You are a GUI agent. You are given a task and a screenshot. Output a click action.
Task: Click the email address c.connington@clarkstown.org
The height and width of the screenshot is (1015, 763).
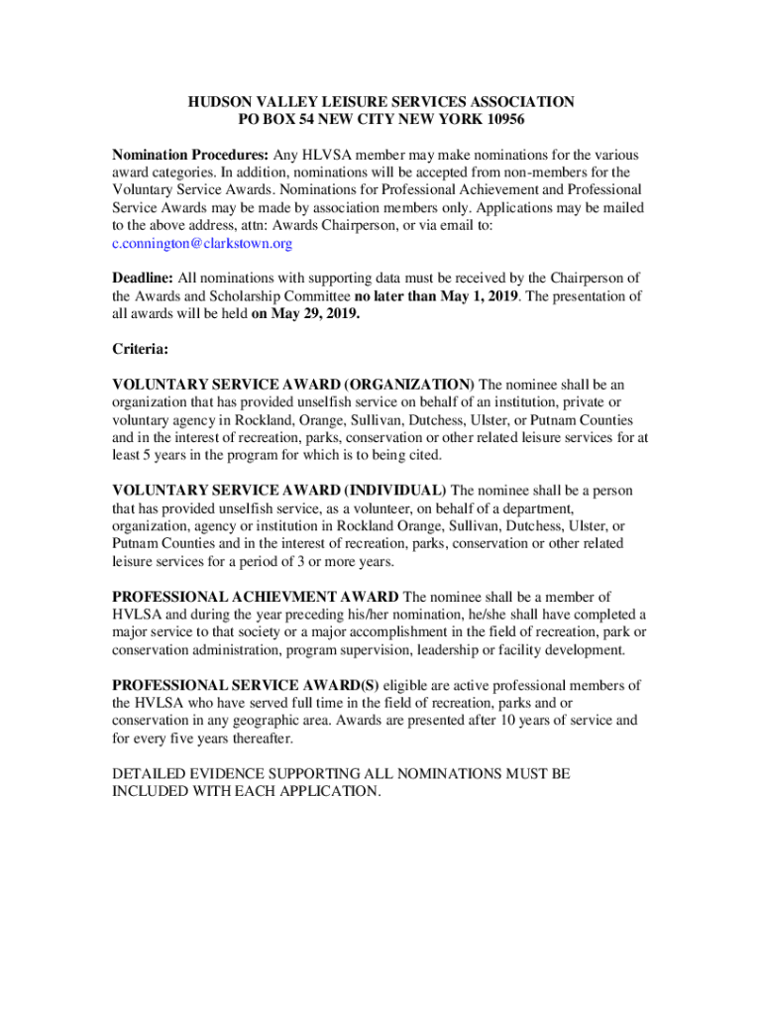[x=202, y=244]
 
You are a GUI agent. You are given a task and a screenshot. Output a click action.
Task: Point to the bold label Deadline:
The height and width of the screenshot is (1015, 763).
[x=143, y=279]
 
